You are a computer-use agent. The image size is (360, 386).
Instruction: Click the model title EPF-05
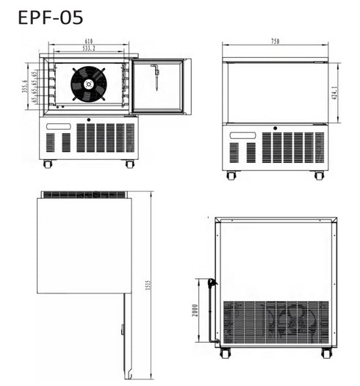coord(50,16)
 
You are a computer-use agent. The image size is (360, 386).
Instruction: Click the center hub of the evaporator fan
coord(88,84)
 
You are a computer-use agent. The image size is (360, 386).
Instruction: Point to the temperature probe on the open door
coord(156,76)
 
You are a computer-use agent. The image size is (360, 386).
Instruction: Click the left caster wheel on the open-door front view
coord(48,164)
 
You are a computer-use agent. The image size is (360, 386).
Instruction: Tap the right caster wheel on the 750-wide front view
coord(319,175)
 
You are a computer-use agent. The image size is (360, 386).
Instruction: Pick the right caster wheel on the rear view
coord(326,353)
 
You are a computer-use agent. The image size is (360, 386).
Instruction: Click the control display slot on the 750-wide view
coord(243,135)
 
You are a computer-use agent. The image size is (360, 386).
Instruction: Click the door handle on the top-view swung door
coord(122,329)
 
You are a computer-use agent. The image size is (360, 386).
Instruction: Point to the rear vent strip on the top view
coord(84,194)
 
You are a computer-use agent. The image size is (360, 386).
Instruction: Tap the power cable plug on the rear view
coord(212,283)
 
